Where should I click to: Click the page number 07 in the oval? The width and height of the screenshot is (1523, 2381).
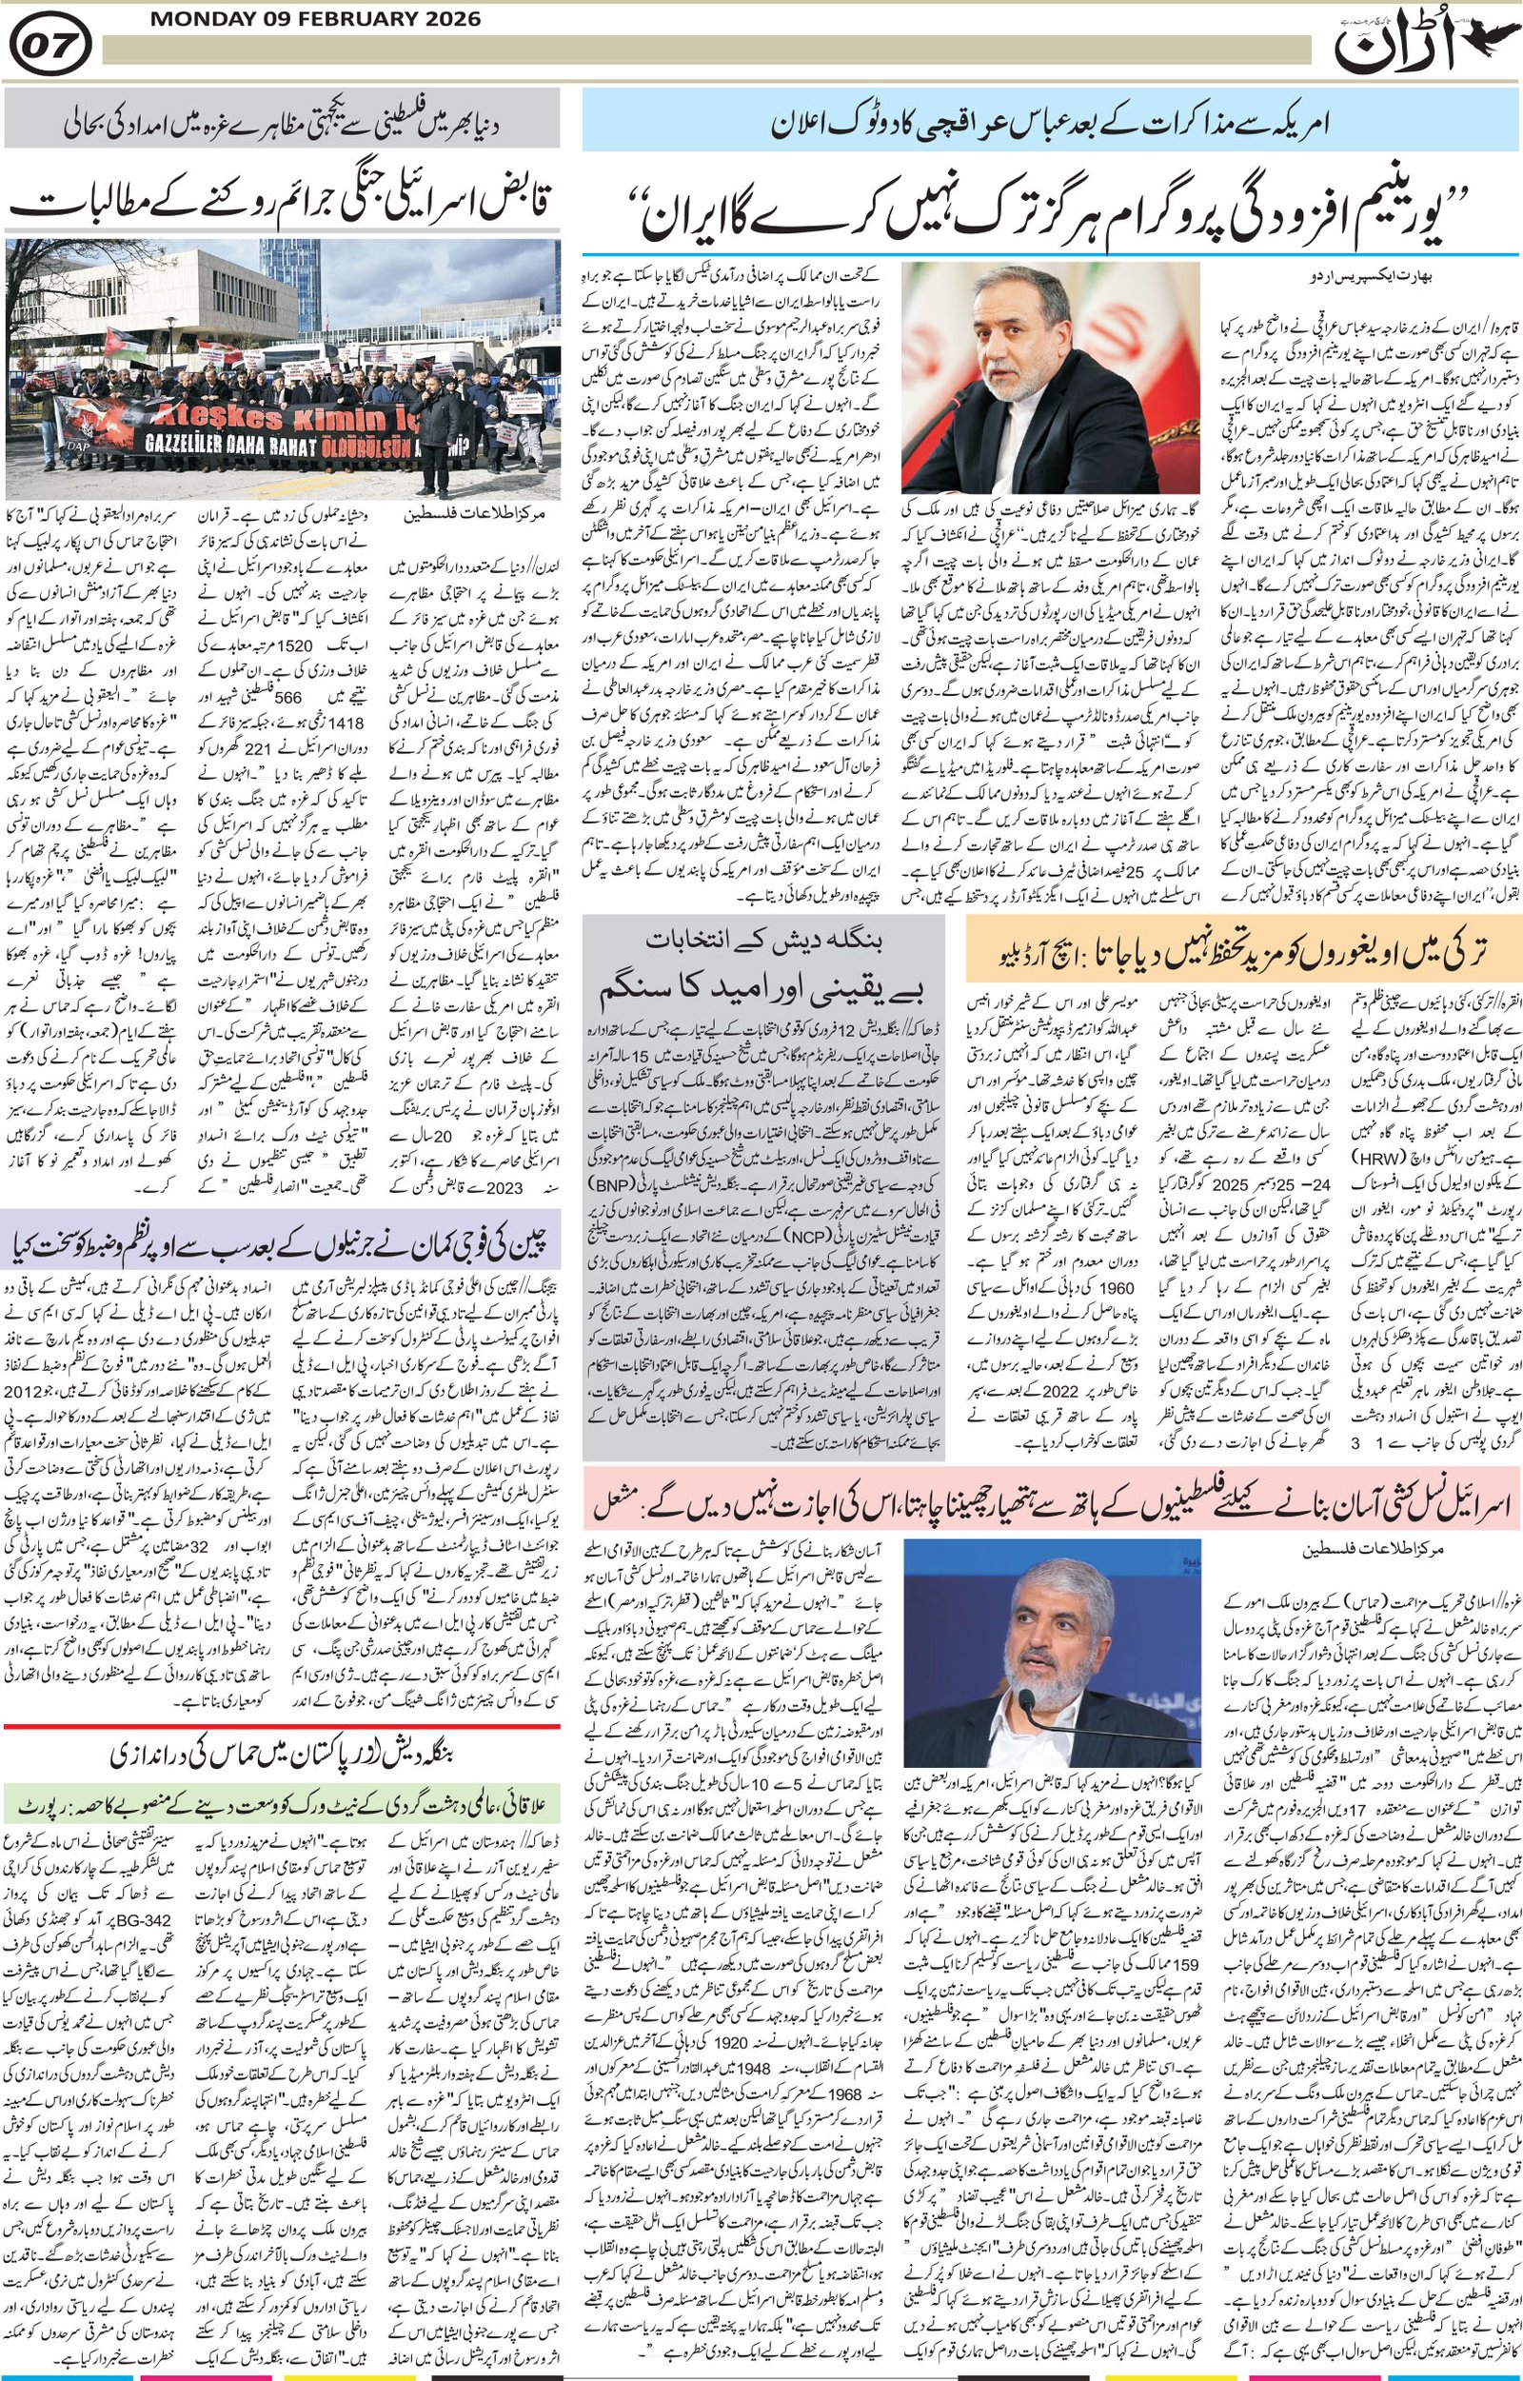tap(55, 45)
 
